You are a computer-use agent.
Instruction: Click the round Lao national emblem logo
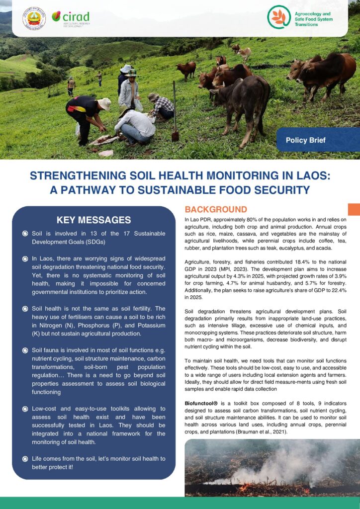click(34, 18)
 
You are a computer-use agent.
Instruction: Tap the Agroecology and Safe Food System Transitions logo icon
click(278, 17)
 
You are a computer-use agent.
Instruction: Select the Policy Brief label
click(305, 140)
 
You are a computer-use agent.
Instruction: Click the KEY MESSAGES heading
click(94, 220)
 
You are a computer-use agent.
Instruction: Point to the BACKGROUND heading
click(216, 209)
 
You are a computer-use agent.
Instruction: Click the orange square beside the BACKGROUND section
click(354, 209)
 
